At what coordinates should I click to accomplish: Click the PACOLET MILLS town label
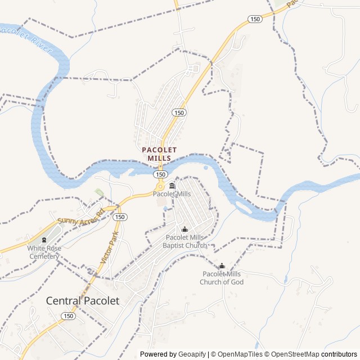pos(159,154)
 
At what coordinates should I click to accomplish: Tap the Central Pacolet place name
pos(83,300)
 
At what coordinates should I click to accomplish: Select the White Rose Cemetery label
pos(43,252)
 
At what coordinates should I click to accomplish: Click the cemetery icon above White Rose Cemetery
pos(44,240)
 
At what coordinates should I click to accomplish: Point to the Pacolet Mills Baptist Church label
pos(184,241)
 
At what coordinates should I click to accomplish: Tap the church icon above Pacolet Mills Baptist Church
pos(184,229)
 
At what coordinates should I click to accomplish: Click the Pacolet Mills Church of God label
pos(222,278)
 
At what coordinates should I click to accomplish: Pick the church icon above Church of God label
pos(222,266)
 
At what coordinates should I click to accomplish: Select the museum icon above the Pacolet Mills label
pos(172,186)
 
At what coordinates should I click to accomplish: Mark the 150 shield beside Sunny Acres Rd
pos(121,217)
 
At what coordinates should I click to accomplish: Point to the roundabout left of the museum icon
pos(160,186)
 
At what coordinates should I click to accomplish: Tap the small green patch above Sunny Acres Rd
pos(100,193)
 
